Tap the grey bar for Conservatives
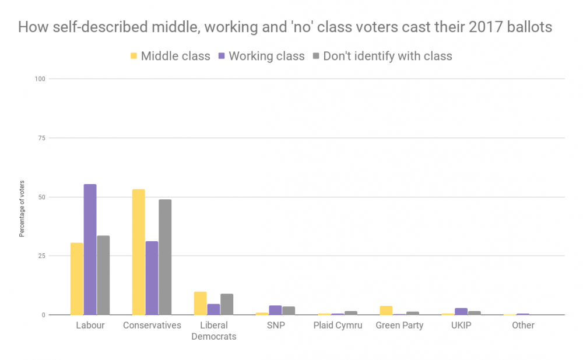tap(165, 257)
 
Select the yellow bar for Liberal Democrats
tap(200, 303)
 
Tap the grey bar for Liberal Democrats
tap(227, 304)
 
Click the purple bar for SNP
tap(275, 310)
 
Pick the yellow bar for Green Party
tap(386, 310)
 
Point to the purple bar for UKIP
tap(461, 311)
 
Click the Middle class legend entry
tap(170, 56)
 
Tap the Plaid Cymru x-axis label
tap(338, 325)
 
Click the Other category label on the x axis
tap(523, 325)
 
